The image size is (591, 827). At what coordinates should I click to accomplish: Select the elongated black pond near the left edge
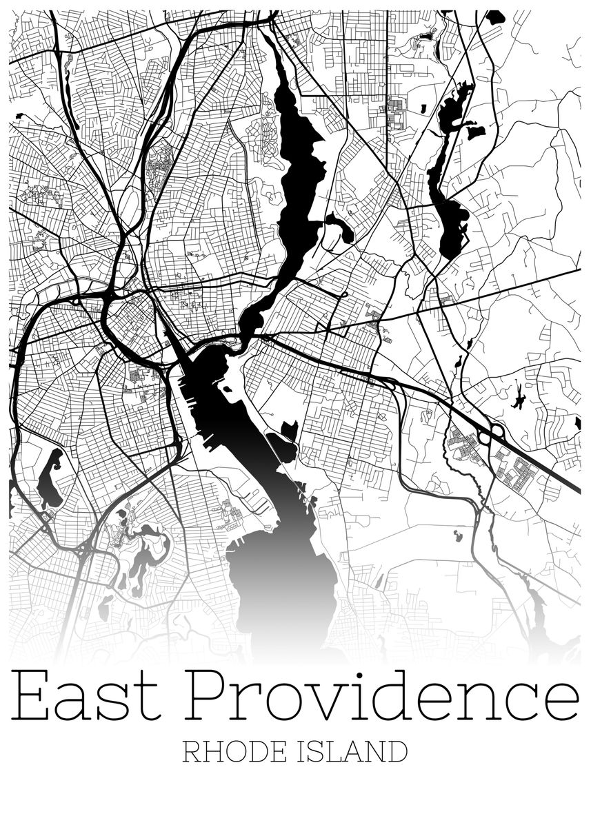pyautogui.click(x=50, y=478)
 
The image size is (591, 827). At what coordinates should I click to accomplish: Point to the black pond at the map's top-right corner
pyautogui.click(x=494, y=17)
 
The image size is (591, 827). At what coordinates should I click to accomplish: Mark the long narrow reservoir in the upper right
pyautogui.click(x=448, y=172)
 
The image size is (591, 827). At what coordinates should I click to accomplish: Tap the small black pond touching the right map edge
pyautogui.click(x=577, y=422)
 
